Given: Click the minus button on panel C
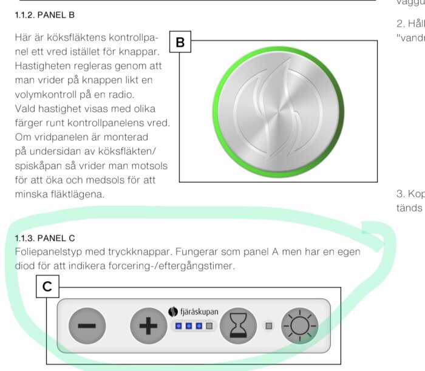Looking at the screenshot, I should pyautogui.click(x=87, y=325).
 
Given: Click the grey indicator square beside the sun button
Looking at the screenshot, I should pyautogui.click(x=268, y=326).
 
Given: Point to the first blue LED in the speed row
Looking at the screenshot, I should pyautogui.click(x=178, y=326).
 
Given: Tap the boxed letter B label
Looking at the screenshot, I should pyautogui.click(x=180, y=42).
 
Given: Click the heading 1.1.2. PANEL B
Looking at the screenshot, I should pyautogui.click(x=46, y=14).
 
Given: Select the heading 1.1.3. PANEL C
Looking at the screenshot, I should pyautogui.click(x=46, y=237).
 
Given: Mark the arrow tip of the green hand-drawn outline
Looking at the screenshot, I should pyautogui.click(x=365, y=229).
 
